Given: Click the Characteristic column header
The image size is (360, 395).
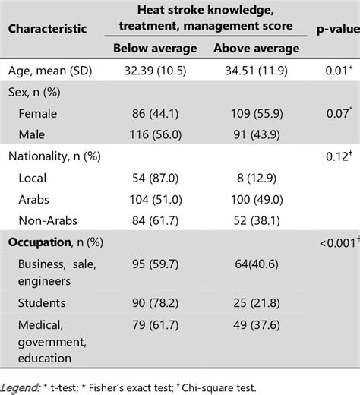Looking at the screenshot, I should pyautogui.click(x=46, y=30).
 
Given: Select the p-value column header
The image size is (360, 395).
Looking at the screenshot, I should pyautogui.click(x=333, y=30).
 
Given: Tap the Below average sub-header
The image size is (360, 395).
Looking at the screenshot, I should pyautogui.click(x=155, y=49).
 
